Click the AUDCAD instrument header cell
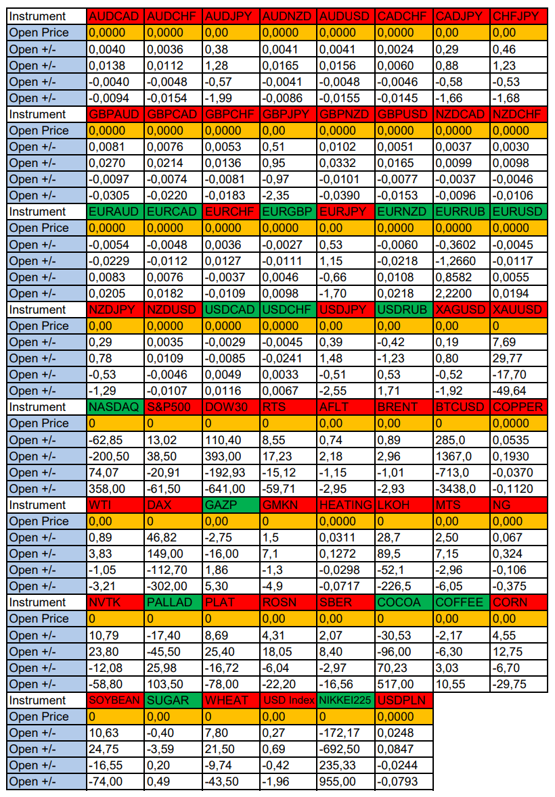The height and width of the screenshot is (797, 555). point(115,16)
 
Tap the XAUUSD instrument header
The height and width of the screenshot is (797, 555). point(518,310)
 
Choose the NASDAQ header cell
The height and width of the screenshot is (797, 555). point(115,407)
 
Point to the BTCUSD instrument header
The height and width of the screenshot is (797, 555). point(460,407)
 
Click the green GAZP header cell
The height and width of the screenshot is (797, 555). point(230,505)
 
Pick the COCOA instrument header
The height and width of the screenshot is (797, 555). point(403,602)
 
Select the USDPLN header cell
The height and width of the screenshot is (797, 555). point(403,700)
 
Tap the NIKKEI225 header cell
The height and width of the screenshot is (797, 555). point(345,700)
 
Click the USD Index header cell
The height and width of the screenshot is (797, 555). point(288,700)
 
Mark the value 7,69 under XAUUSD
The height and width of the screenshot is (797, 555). point(518,342)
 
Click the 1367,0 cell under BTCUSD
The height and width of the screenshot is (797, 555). point(460,456)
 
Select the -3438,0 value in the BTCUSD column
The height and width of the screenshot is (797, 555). point(460,489)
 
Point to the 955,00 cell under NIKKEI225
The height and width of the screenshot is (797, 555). point(345,781)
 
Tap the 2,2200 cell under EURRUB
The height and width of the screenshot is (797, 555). point(460,293)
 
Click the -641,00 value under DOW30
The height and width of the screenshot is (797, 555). point(230,489)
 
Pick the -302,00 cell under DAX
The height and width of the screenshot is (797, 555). point(173,586)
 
